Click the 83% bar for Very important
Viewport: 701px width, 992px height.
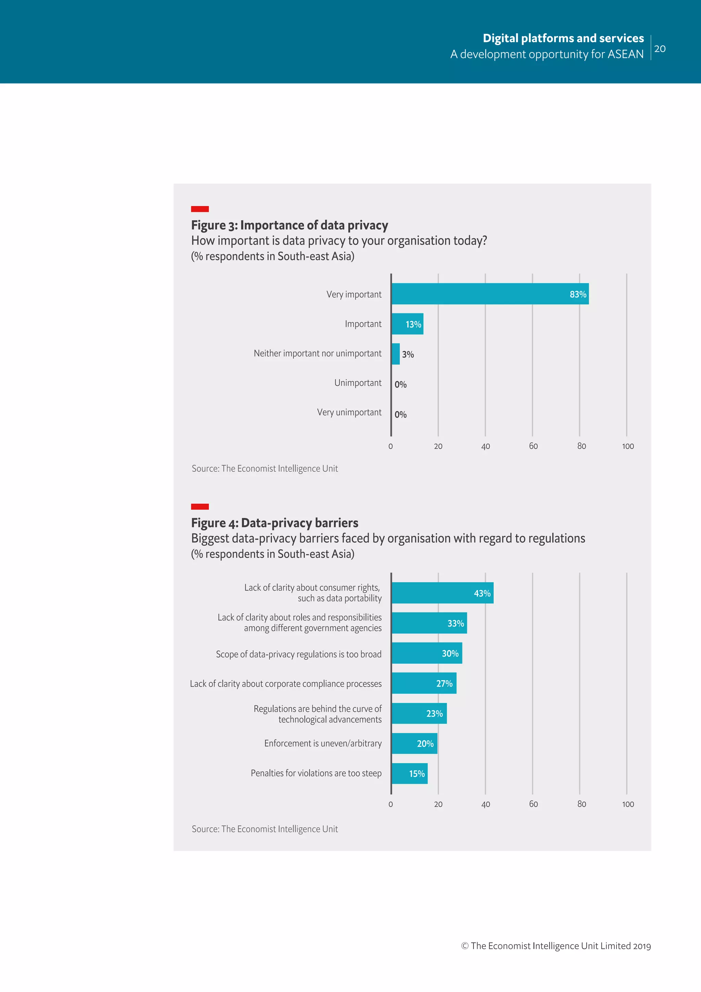coord(490,294)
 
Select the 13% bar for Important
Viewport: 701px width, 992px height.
coord(407,324)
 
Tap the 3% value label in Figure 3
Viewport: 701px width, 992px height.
coord(408,354)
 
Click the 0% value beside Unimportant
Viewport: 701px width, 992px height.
coord(400,385)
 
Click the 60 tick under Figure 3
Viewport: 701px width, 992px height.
coord(534,446)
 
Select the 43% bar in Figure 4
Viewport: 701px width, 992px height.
coord(443,593)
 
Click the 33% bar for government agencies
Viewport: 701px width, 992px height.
coord(429,623)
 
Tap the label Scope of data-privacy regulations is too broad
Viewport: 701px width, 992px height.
coord(299,654)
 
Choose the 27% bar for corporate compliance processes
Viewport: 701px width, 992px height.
coord(424,683)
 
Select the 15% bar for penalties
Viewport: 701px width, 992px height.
coord(410,773)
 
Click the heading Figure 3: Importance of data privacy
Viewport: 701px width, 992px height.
coord(290,225)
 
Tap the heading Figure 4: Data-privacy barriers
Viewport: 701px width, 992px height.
coord(275,523)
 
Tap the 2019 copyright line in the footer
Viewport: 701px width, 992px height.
coord(556,946)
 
